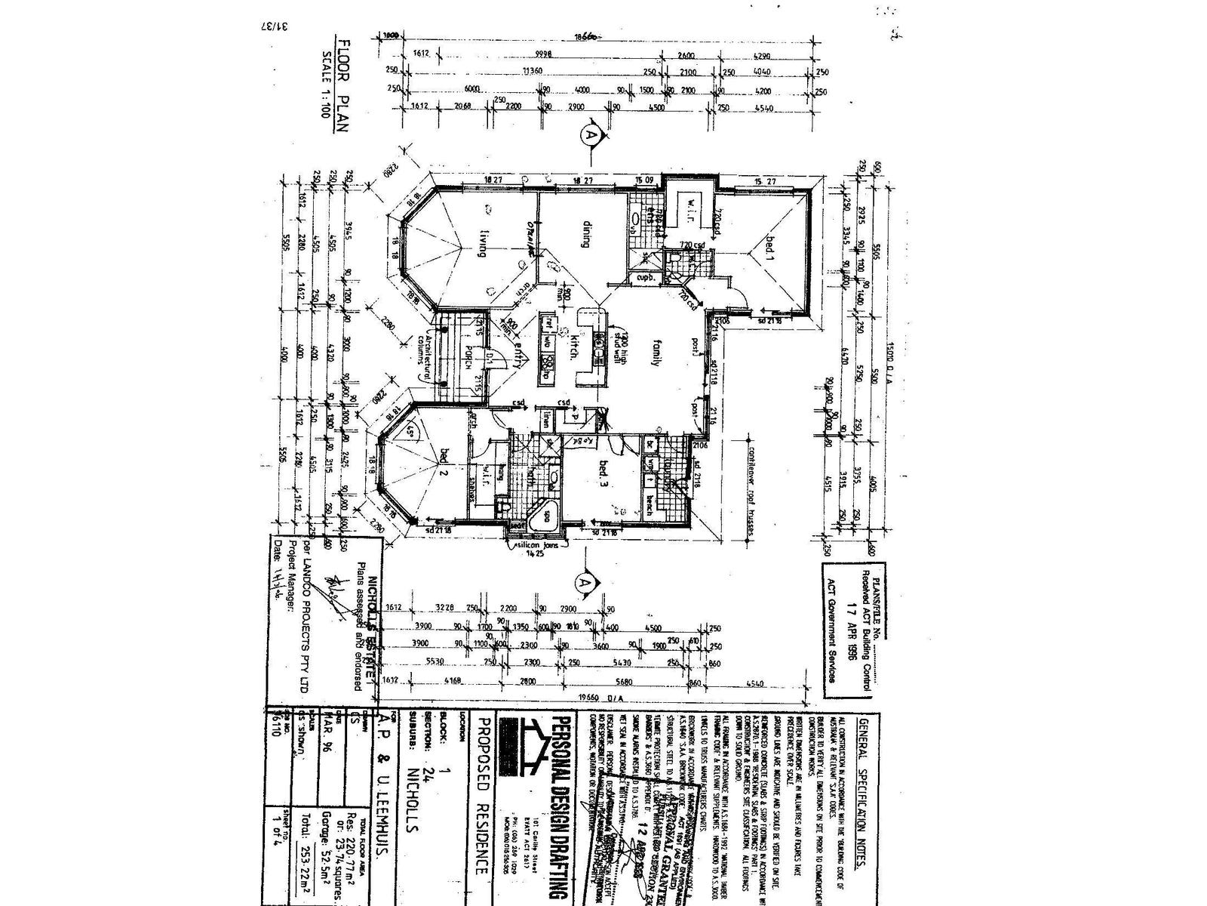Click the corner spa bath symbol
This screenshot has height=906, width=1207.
pyautogui.click(x=542, y=519)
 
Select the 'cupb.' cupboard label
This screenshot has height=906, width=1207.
pyautogui.click(x=643, y=277)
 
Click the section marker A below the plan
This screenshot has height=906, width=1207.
pyautogui.click(x=582, y=583)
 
